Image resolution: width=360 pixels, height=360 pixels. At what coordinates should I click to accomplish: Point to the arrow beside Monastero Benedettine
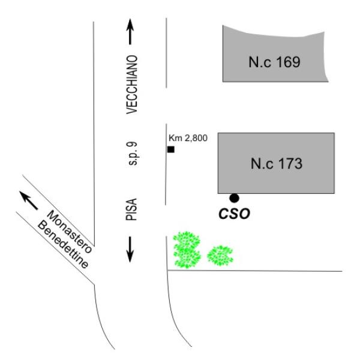pos(28,197)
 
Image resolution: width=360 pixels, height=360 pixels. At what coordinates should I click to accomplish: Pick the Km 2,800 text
pos(187,139)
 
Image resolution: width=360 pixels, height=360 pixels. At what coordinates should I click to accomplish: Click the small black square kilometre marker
pos(171,149)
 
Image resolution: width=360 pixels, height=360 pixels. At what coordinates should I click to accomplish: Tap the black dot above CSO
pos(234,197)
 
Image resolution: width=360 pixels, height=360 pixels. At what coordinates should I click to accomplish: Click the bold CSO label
pos(233,212)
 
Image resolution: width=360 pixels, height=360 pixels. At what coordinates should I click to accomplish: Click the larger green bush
pos(187,250)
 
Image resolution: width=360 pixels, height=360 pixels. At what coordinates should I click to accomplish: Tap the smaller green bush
pos(220,255)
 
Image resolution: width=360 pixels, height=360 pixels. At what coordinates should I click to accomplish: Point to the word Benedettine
pos(64,245)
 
